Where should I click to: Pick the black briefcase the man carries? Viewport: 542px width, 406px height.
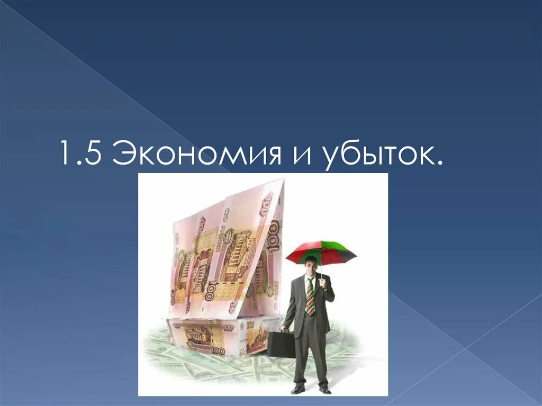point(281,345)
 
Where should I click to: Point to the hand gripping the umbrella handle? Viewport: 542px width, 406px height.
point(321,282)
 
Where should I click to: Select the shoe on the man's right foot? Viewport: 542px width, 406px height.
point(299,389)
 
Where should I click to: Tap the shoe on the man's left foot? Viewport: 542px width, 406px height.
point(324,390)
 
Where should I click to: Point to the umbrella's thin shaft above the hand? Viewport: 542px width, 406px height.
point(321,271)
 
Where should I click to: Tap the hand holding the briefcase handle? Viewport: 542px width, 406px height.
point(285,329)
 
